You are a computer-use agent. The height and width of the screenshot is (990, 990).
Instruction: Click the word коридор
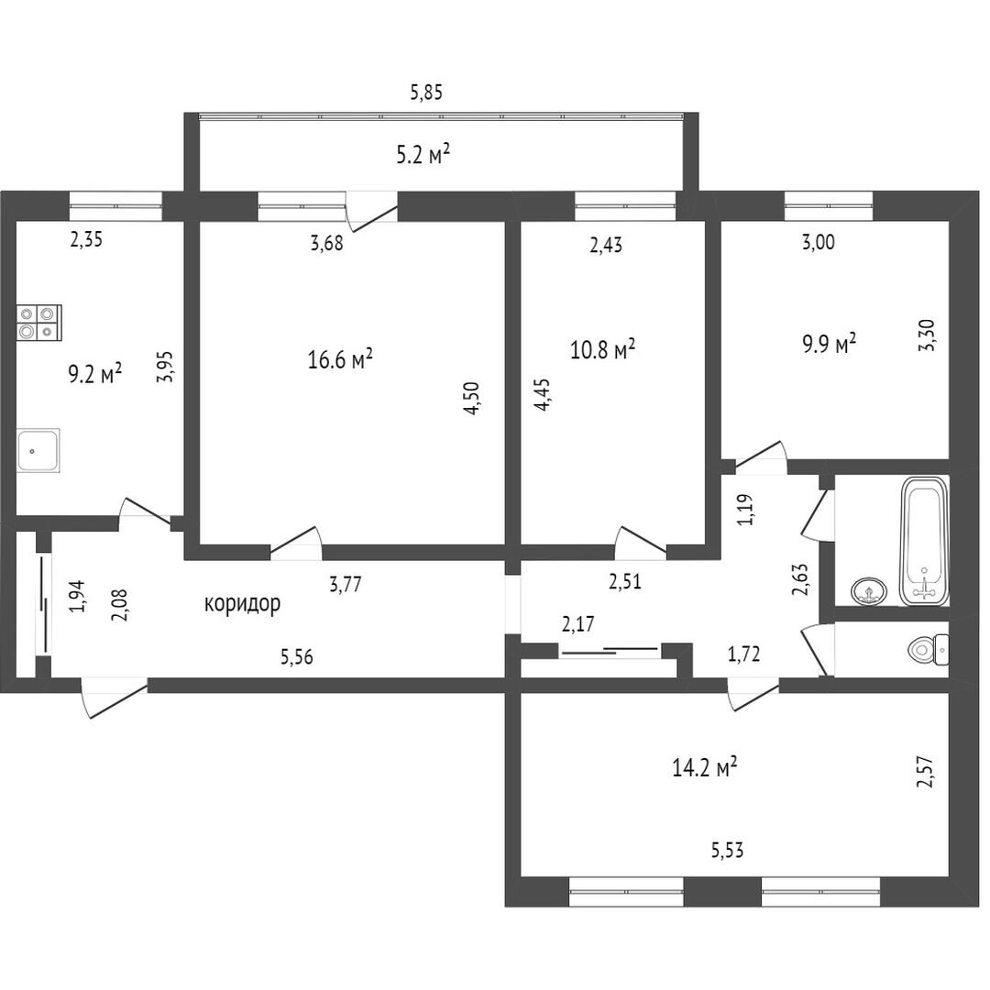pos(242,603)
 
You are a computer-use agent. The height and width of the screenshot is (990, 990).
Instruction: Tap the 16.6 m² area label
pos(340,358)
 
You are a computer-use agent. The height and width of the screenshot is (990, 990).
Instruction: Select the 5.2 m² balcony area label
pos(423,154)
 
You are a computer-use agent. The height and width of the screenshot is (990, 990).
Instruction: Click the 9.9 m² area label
pos(829,344)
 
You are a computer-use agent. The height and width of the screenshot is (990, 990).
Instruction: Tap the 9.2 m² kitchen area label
pos(95,373)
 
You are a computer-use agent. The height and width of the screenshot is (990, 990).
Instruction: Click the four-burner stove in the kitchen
pos(38,323)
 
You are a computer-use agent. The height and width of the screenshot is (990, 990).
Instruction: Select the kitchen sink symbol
pos(38,451)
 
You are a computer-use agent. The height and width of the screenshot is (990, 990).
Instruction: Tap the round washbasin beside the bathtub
pos(868,591)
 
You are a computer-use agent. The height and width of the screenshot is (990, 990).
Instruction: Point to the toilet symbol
pos(928,650)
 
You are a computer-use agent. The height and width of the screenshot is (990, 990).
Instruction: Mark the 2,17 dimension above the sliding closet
pos(579,625)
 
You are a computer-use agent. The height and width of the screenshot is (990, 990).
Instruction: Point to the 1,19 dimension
pos(746,509)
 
